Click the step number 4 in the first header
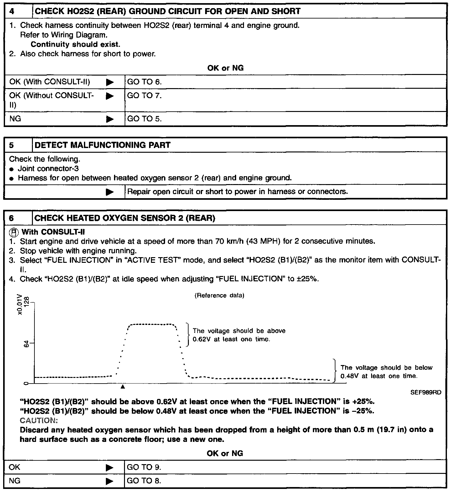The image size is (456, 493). [x=12, y=12]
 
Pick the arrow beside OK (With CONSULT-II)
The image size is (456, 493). [x=110, y=82]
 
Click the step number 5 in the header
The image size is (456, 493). [x=12, y=145]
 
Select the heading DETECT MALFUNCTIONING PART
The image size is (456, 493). [x=102, y=145]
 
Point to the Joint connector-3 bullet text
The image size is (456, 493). [x=48, y=169]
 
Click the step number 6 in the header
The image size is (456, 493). [x=12, y=218]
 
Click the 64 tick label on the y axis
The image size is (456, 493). [x=27, y=344]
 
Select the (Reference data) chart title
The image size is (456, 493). [x=219, y=295]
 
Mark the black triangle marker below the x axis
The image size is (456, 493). [x=123, y=387]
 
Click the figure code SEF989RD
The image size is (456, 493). [x=426, y=392]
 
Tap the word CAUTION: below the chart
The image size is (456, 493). [x=39, y=421]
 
